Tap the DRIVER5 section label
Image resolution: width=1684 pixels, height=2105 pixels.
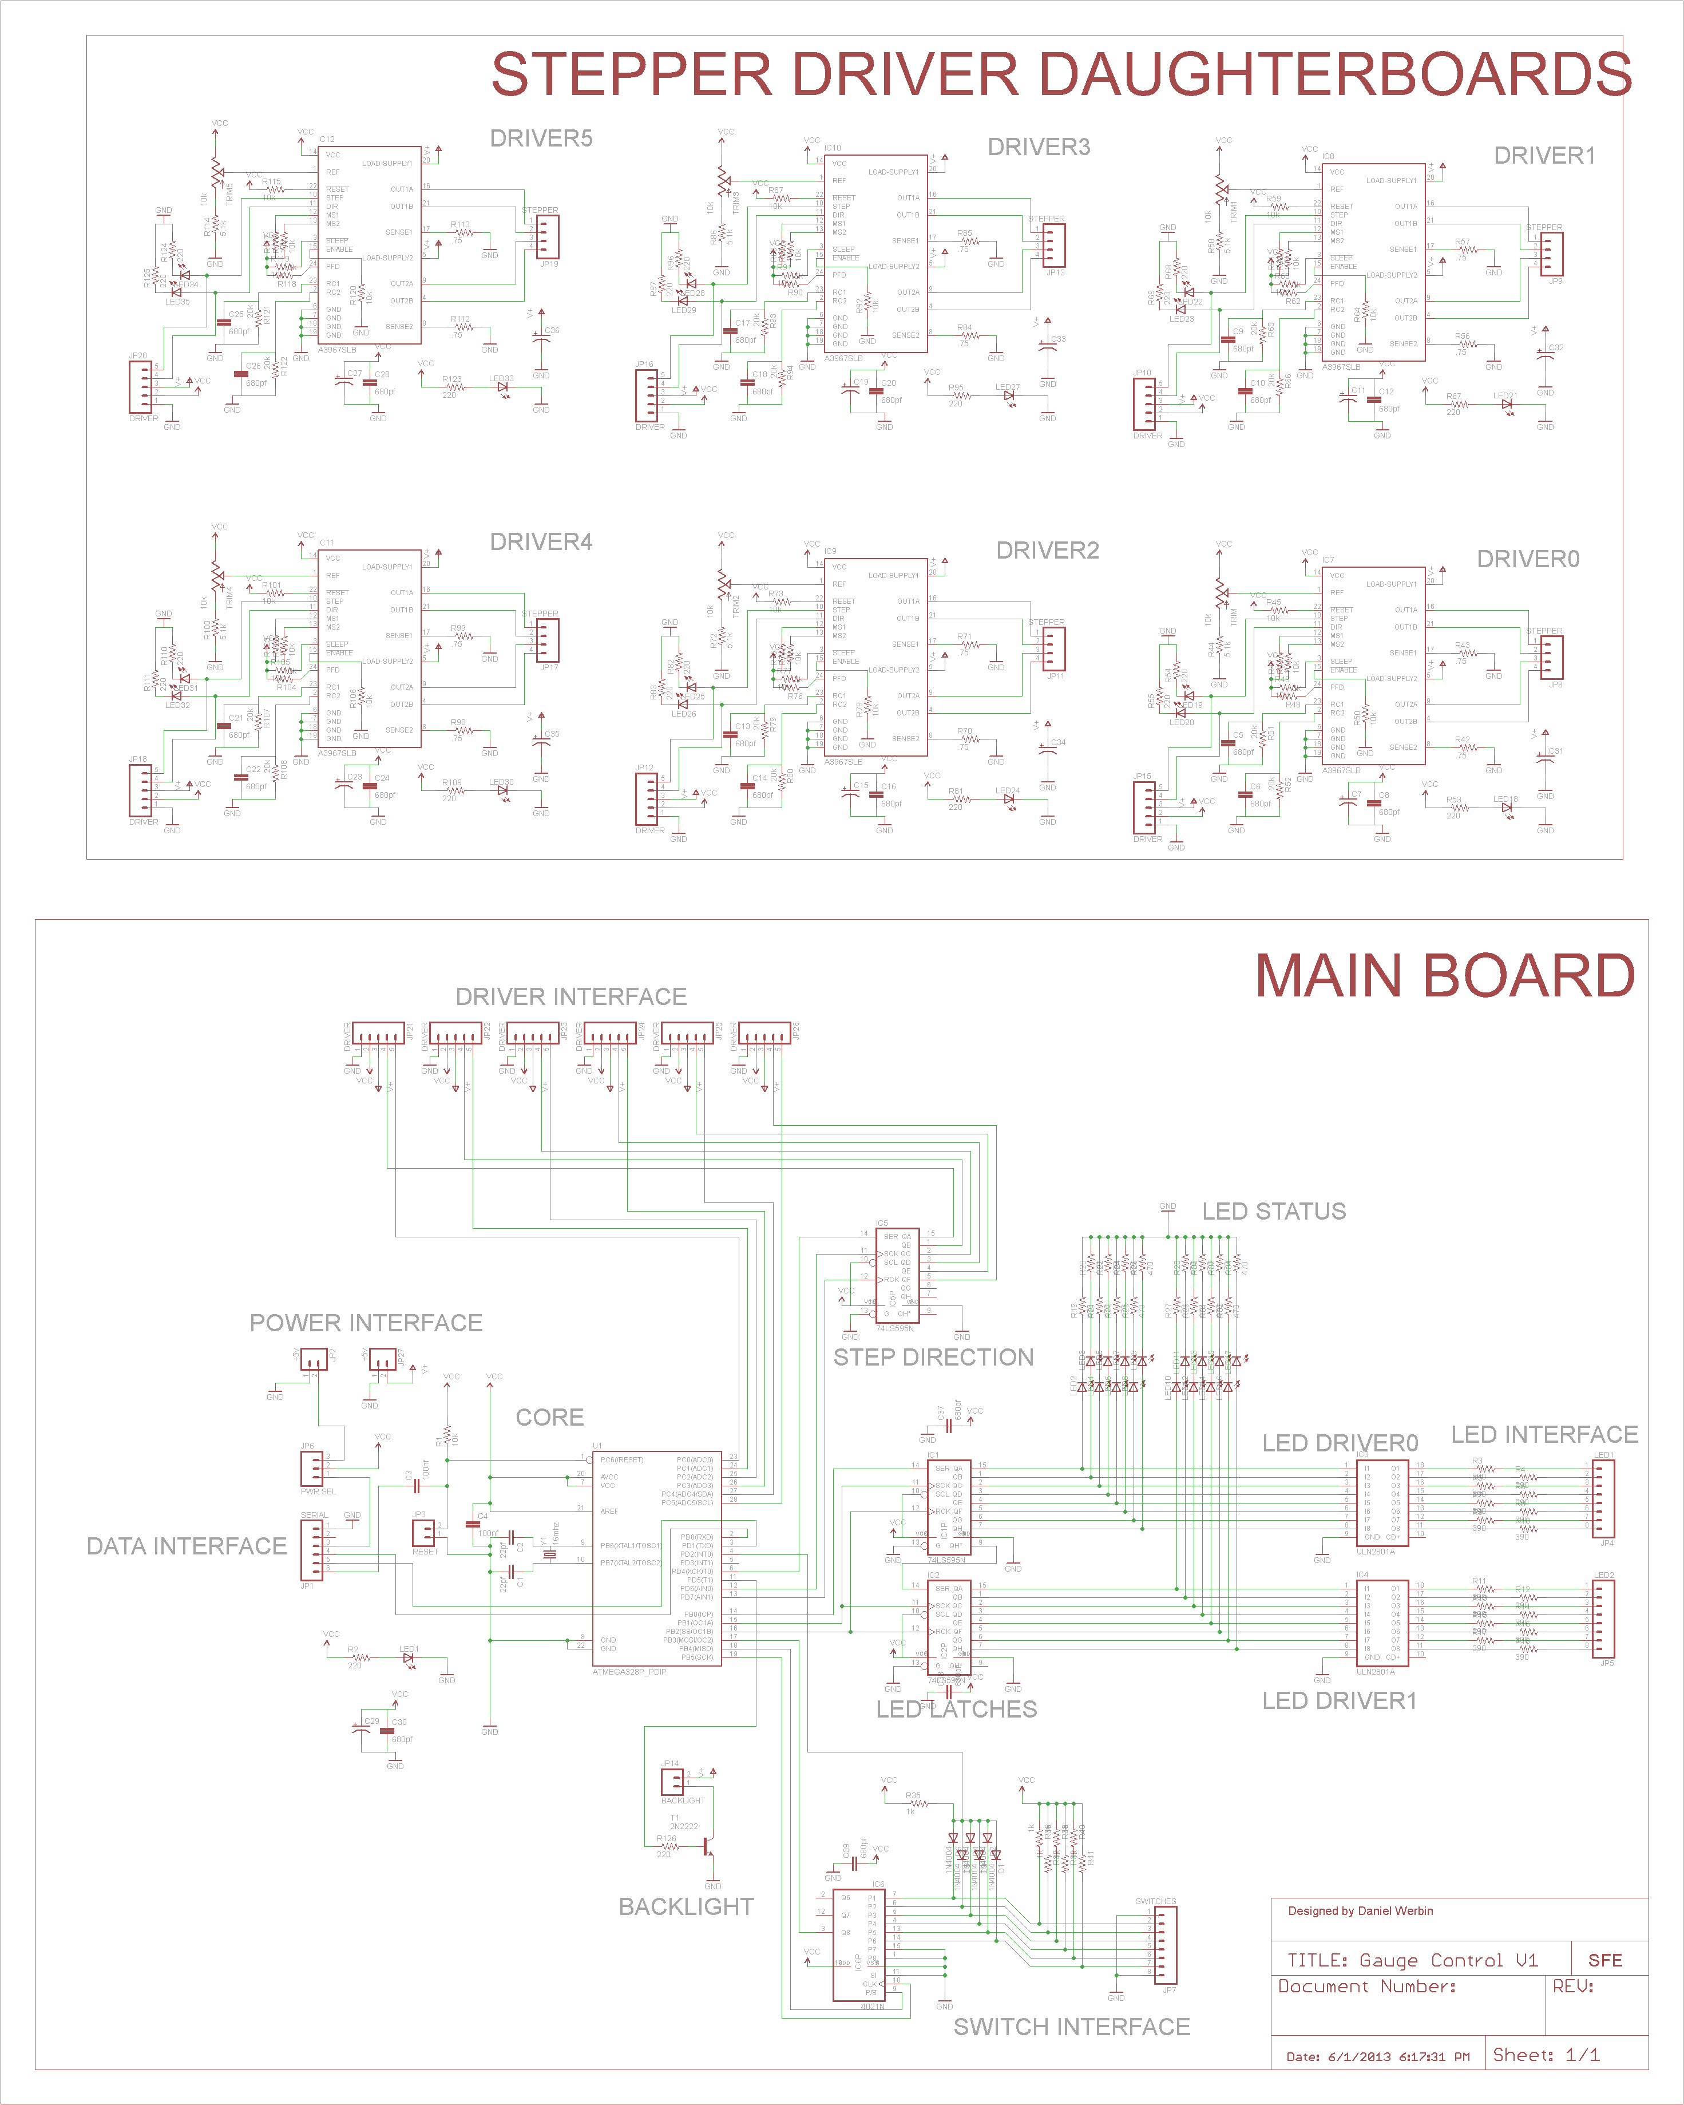pyautogui.click(x=541, y=139)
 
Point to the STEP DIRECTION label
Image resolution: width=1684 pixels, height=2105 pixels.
pyautogui.click(x=933, y=1357)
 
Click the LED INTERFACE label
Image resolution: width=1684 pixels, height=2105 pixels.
pyautogui.click(x=1544, y=1434)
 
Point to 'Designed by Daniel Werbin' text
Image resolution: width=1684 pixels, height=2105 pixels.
pyautogui.click(x=1360, y=1911)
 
